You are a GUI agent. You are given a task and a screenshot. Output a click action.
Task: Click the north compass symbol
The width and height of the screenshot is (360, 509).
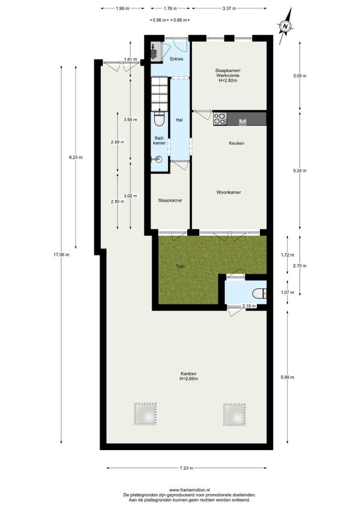click(x=286, y=26)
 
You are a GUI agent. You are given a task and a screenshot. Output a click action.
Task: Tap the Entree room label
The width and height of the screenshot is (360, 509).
click(x=176, y=59)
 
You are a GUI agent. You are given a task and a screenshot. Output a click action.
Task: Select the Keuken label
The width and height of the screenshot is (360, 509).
click(x=236, y=143)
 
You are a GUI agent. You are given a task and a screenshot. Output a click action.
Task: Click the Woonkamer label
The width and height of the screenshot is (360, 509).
click(x=229, y=192)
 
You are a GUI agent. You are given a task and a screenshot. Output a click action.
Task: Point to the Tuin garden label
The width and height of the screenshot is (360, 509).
click(x=181, y=266)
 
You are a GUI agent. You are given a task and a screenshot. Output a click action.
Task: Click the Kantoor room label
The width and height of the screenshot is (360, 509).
click(x=189, y=376)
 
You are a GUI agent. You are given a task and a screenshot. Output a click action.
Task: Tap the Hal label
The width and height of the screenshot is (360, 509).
click(x=179, y=120)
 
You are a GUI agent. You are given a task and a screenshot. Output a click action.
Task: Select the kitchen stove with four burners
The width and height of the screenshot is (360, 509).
click(x=220, y=118)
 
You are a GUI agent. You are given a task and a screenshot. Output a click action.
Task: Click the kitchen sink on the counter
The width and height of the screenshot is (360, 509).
click(x=242, y=122)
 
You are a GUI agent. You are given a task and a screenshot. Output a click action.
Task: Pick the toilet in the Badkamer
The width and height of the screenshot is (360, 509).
click(x=159, y=119)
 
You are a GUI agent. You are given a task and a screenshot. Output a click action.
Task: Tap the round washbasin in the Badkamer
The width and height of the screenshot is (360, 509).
click(x=158, y=160)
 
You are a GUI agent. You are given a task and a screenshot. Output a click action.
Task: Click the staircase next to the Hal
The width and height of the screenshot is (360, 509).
click(x=159, y=94)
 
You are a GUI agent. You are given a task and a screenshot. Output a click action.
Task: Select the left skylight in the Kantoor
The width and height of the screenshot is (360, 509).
click(x=145, y=414)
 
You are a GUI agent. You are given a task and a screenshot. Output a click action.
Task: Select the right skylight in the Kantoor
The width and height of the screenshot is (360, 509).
click(x=234, y=415)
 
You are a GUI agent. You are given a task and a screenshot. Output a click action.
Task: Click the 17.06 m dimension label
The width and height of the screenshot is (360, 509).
click(x=61, y=255)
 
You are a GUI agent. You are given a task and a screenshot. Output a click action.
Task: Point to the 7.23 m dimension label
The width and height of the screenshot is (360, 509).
click(x=187, y=468)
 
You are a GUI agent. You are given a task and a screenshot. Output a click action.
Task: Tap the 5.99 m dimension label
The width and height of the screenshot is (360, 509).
click(x=287, y=377)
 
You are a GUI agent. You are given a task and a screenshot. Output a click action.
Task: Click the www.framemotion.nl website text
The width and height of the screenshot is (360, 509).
click(x=190, y=490)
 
